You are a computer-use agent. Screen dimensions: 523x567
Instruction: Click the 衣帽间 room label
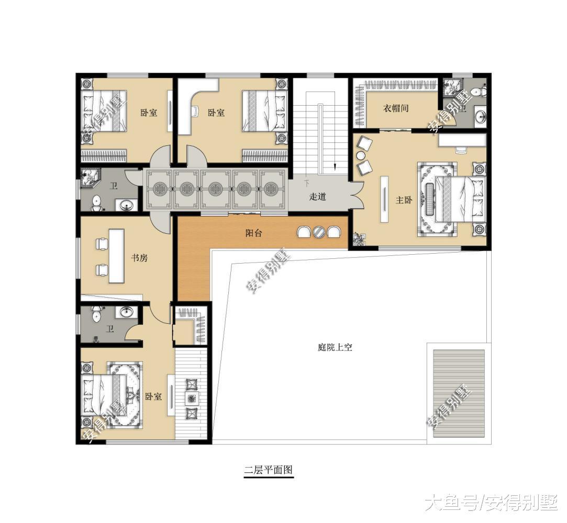click(x=395, y=108)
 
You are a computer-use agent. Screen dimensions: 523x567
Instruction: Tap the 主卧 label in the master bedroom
click(x=403, y=200)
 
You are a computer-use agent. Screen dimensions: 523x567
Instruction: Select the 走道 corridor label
click(x=317, y=197)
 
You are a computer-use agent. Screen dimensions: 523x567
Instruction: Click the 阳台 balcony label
click(x=253, y=233)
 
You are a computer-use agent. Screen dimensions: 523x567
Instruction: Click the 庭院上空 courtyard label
click(x=335, y=347)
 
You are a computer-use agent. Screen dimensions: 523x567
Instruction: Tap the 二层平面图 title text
click(x=269, y=470)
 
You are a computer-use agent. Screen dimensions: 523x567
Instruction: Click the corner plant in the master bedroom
click(x=359, y=240)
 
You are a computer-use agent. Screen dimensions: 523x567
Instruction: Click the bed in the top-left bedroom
click(x=105, y=111)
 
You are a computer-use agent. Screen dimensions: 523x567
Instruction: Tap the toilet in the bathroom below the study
click(x=97, y=315)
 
